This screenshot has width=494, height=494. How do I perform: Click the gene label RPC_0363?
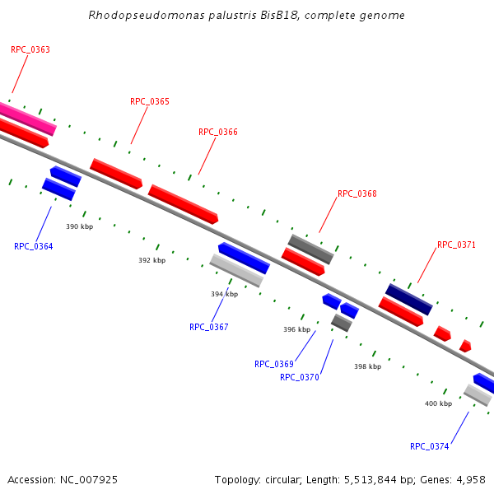point(30,49)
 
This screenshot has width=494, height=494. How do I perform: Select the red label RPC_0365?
point(150,102)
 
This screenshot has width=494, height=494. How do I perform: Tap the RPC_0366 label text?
point(218,132)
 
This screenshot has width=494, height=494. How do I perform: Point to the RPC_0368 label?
point(357,194)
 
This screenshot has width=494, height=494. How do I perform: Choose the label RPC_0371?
point(457,245)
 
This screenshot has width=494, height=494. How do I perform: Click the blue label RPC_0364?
point(34,246)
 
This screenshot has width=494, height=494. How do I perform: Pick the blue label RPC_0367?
point(209,327)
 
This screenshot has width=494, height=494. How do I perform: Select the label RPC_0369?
point(274,364)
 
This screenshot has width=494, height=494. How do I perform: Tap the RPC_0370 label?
point(300,377)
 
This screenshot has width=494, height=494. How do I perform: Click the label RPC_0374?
point(430,446)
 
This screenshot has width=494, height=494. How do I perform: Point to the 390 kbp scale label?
point(80,226)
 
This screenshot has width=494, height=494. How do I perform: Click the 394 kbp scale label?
point(224,294)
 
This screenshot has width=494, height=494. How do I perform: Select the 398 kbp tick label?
point(368,366)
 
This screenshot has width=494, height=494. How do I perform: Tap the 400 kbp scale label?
point(438,403)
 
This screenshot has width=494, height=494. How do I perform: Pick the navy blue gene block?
point(409,300)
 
